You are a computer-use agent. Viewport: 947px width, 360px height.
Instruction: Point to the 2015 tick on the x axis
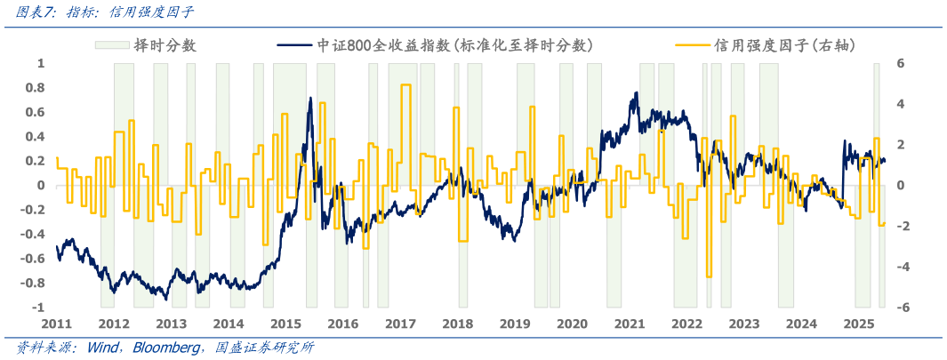pos(285,324)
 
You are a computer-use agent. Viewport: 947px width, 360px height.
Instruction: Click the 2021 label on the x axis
pos(630,324)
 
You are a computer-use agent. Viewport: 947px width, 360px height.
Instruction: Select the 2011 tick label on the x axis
pos(56,324)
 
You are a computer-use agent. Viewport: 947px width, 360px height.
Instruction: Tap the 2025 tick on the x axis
pos(859,324)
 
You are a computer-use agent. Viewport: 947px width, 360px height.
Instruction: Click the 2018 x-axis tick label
pos(457,324)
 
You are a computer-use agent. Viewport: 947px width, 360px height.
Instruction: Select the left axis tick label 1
pos(41,64)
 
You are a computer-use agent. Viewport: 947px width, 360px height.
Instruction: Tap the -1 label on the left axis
pos(38,308)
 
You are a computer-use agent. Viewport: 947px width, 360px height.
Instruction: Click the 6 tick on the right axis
pos(901,64)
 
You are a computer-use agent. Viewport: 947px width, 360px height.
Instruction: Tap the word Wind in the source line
pos(104,348)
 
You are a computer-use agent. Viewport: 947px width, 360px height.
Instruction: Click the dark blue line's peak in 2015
pos(310,98)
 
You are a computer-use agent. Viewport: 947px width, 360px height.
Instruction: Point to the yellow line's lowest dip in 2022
pos(709,276)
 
